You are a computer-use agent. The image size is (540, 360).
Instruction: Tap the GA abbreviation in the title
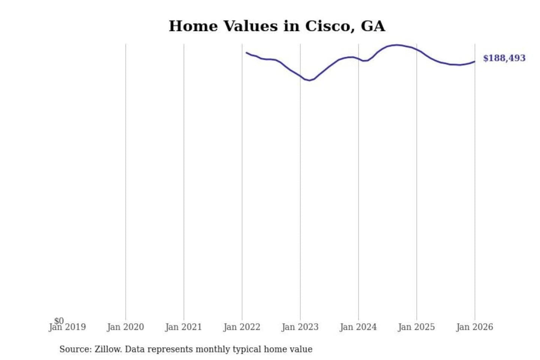click(x=373, y=26)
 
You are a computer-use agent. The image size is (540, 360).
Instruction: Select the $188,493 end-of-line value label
click(x=504, y=58)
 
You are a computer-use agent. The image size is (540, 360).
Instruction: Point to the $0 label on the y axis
click(x=59, y=321)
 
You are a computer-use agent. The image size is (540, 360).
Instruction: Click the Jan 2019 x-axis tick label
click(x=67, y=327)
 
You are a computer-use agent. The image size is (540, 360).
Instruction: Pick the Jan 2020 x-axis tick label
click(x=125, y=327)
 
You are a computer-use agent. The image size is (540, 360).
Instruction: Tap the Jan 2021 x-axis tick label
click(x=183, y=327)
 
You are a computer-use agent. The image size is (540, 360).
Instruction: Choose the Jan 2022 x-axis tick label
click(x=241, y=327)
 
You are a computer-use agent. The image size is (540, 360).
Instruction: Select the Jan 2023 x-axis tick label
click(x=300, y=327)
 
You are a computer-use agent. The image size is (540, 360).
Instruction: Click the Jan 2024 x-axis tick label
click(x=358, y=327)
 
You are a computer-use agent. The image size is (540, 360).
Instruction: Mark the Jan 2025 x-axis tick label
click(x=416, y=327)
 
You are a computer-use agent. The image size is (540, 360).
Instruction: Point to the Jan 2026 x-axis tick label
click(x=474, y=327)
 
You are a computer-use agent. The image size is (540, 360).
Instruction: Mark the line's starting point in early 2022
click(x=246, y=52)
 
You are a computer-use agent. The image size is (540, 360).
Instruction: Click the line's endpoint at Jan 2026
click(x=474, y=61)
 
